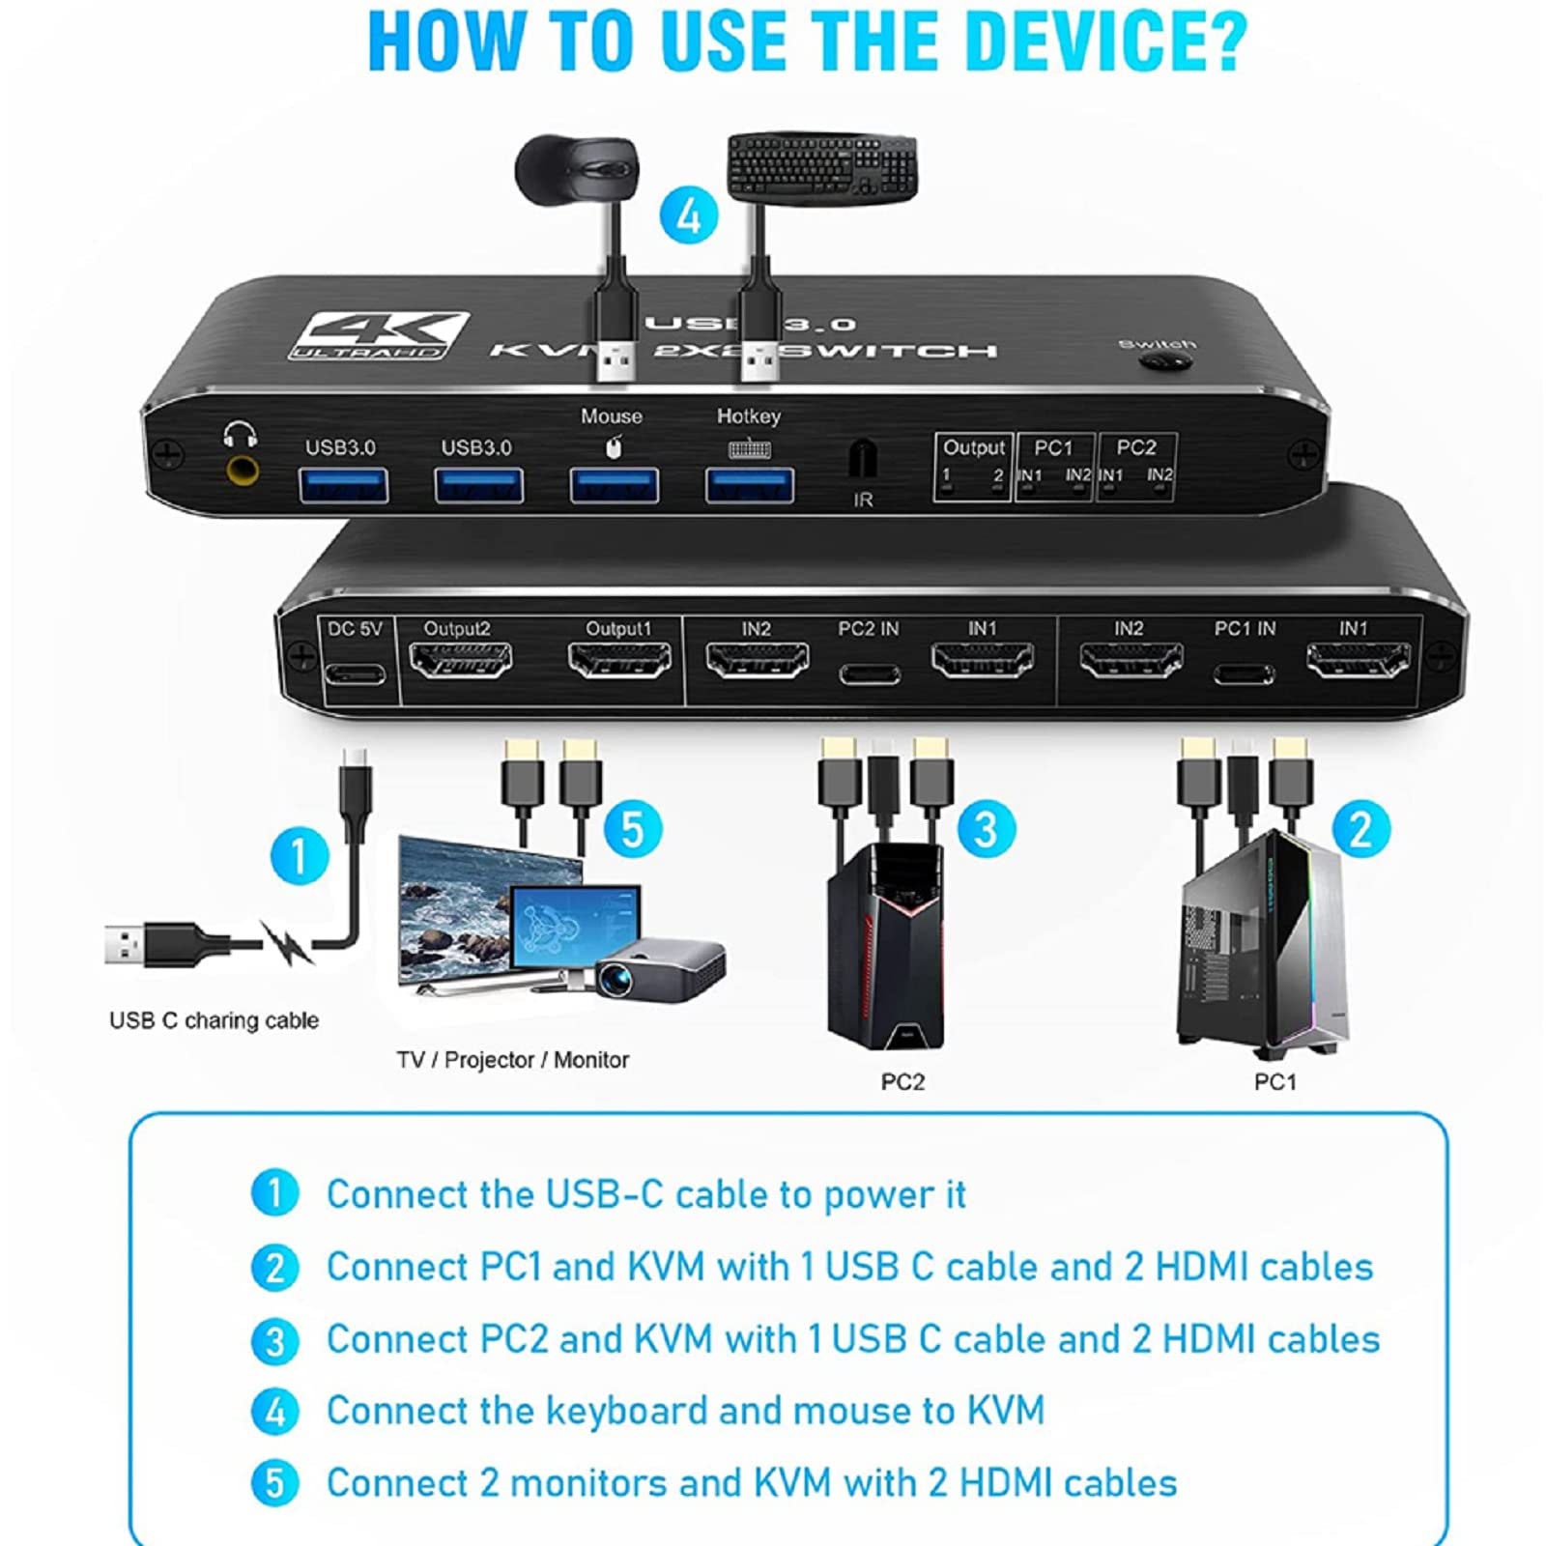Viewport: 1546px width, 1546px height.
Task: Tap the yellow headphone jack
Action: point(241,472)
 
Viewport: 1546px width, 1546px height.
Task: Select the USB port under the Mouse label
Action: point(614,484)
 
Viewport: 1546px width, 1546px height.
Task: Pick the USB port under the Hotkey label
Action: point(750,485)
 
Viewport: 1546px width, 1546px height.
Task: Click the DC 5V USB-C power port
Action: point(355,673)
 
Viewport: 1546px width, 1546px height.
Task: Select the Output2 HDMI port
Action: point(460,662)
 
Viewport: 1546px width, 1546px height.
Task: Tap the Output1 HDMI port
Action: point(619,662)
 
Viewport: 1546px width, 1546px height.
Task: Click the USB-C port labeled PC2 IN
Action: point(869,673)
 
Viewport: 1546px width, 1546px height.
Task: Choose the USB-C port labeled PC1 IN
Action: point(1244,673)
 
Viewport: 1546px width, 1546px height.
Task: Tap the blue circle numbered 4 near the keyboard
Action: point(689,215)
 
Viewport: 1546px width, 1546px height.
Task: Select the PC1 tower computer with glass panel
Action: point(1262,942)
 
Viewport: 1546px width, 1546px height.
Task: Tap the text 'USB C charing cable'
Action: point(214,1020)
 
